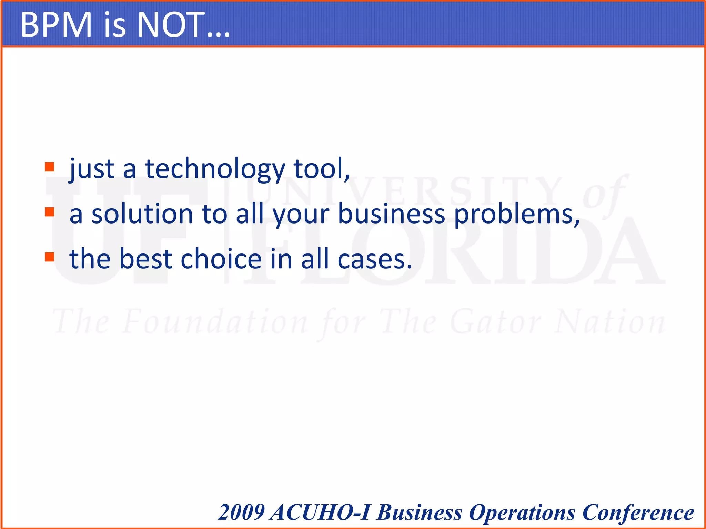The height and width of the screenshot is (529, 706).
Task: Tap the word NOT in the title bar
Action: (171, 25)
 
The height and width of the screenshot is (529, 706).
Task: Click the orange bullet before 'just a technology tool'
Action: (50, 167)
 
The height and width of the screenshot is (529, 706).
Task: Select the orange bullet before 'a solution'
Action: (50, 212)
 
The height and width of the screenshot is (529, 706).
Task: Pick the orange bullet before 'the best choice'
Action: (50, 257)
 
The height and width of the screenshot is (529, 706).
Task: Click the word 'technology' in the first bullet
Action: (215, 169)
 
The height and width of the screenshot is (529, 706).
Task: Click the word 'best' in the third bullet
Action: (145, 259)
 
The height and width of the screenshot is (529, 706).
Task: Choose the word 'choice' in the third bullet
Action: (221, 259)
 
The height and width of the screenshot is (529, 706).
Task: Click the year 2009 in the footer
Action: (241, 512)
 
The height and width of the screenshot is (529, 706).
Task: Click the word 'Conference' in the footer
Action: (638, 513)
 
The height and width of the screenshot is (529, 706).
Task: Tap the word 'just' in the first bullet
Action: (92, 169)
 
